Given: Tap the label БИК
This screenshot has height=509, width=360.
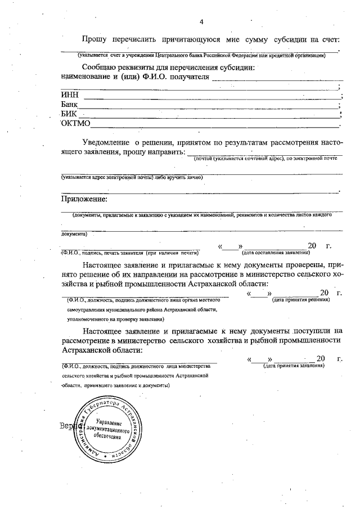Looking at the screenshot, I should tap(69, 114).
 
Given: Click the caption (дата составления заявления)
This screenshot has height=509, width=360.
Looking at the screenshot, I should tap(276, 253).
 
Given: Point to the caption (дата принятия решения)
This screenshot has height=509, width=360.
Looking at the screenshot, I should tap(300, 300).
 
